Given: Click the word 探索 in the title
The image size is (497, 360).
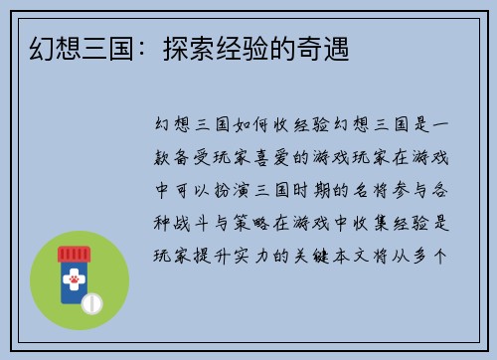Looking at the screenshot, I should click(x=176, y=47).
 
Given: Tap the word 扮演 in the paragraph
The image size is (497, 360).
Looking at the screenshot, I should click(x=232, y=191).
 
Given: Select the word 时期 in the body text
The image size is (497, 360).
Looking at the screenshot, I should click(x=318, y=191).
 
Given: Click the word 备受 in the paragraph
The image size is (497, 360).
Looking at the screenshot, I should click(x=200, y=158).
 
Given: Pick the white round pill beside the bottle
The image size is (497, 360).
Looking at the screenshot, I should click(x=92, y=301).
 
